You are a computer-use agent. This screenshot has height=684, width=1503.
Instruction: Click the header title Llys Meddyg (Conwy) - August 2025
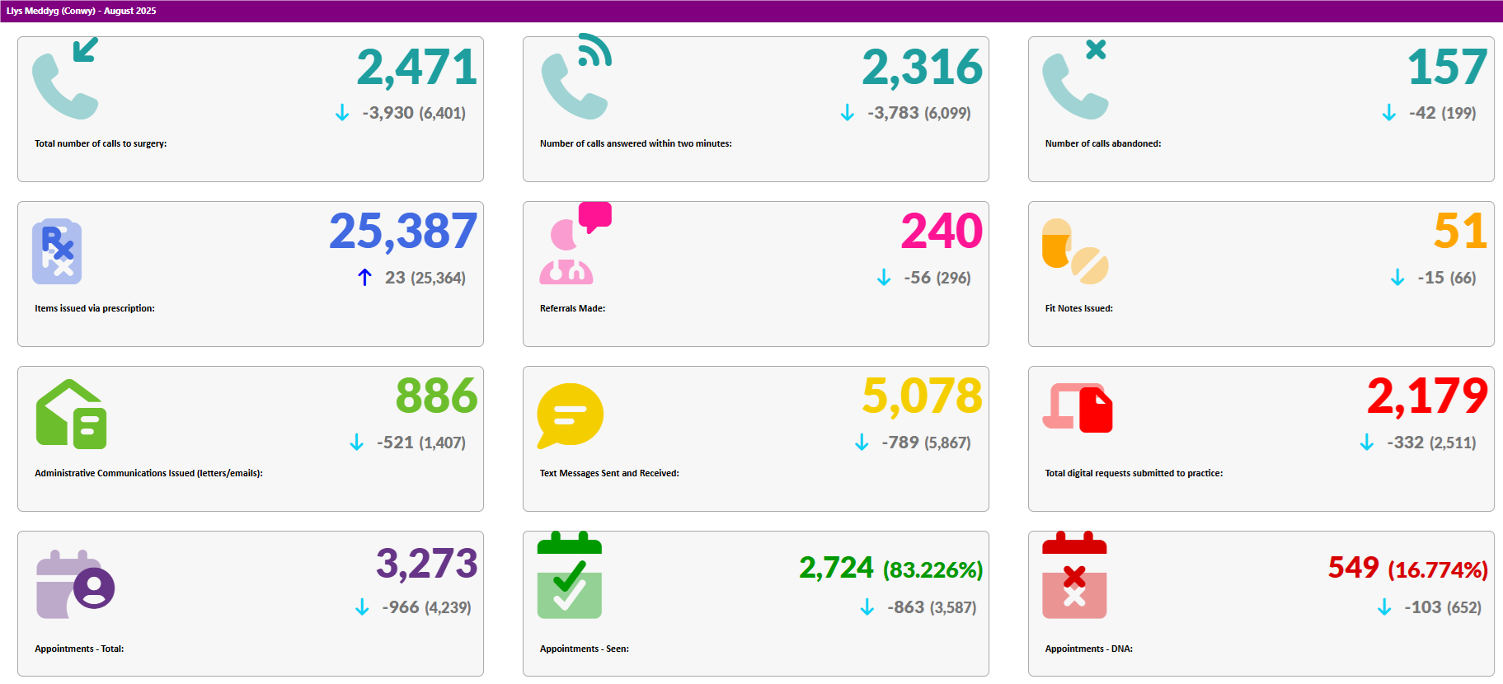click(x=81, y=11)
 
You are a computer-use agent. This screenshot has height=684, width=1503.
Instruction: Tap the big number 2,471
click(x=416, y=68)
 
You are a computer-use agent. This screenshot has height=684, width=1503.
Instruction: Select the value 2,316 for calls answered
click(x=922, y=68)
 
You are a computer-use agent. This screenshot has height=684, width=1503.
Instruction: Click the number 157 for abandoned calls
click(x=1447, y=68)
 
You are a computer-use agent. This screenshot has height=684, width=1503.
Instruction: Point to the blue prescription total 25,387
click(x=403, y=232)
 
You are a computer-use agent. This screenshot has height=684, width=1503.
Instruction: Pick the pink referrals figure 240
click(x=942, y=232)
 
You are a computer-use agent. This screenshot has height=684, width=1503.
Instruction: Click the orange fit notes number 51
click(x=1460, y=232)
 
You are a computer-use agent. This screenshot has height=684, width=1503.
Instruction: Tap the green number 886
click(x=436, y=396)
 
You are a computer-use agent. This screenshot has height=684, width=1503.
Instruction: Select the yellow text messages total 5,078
click(x=922, y=396)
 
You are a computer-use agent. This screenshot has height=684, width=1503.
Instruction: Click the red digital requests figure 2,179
click(x=1427, y=396)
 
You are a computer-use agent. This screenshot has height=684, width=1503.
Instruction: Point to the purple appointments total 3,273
click(x=426, y=565)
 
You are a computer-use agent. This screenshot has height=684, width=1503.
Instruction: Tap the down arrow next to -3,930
click(x=342, y=113)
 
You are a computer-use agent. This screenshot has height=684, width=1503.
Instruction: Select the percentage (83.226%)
click(x=932, y=569)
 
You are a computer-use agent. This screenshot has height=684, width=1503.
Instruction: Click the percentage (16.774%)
click(x=1437, y=569)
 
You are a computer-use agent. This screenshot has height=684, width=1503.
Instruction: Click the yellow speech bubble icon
click(x=570, y=415)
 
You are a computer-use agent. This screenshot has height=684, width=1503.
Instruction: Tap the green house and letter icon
click(x=71, y=415)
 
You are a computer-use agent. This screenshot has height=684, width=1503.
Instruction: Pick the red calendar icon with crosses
click(x=1074, y=576)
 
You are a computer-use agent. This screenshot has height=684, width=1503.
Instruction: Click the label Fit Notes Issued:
click(x=1078, y=308)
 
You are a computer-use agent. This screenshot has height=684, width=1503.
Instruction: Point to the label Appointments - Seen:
click(x=584, y=649)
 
